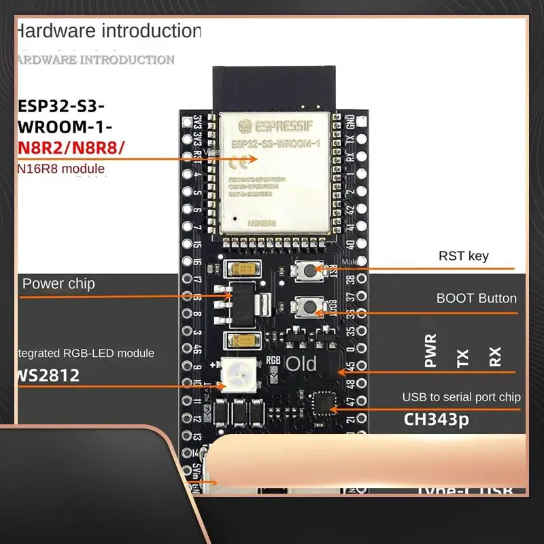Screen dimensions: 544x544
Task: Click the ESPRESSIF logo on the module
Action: pos(279,125)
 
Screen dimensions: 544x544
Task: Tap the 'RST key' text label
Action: pos(463,256)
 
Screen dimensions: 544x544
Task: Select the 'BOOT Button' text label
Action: pos(476,298)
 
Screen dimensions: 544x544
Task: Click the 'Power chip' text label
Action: pos(59,284)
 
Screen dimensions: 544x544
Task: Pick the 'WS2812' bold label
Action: pos(49,375)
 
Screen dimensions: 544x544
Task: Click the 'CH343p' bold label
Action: pos(436,420)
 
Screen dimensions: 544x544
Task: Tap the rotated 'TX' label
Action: pos(463,358)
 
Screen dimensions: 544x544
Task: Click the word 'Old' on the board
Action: pos(301,364)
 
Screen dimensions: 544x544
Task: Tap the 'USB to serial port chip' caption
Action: pos(461,397)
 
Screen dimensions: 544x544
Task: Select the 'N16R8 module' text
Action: pos(61,168)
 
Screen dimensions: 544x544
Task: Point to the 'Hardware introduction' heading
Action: pos(109,31)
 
